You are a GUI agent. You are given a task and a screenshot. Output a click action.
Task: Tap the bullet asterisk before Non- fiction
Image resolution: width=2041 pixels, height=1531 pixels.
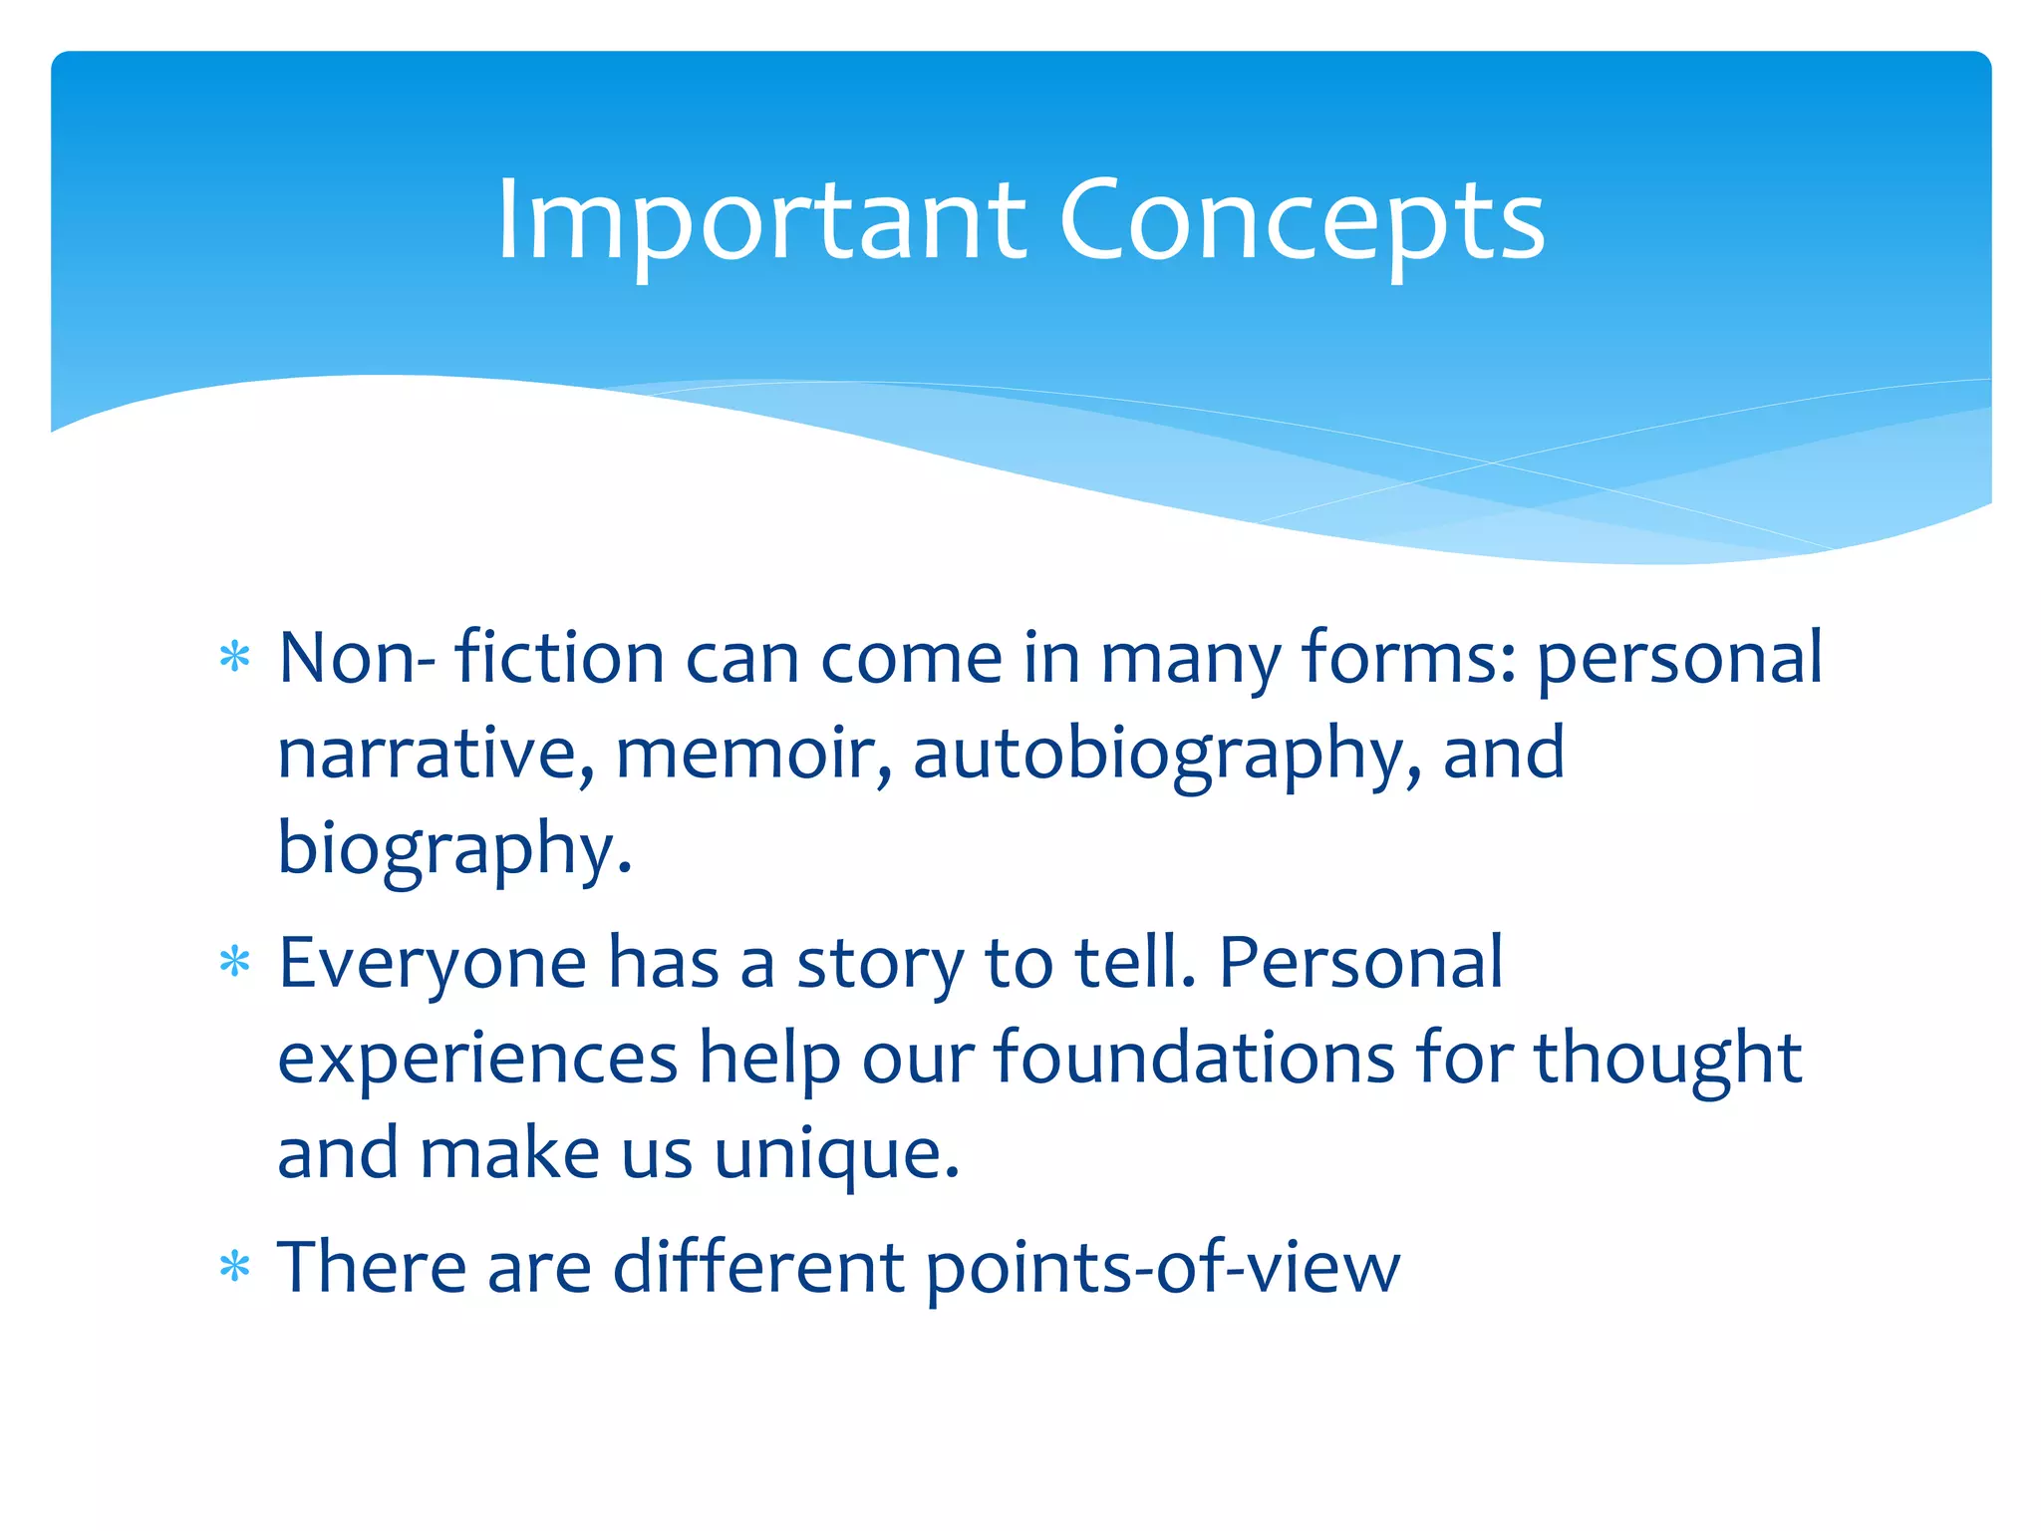(234, 658)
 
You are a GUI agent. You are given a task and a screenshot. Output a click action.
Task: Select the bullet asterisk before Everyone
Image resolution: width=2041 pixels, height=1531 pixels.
(234, 963)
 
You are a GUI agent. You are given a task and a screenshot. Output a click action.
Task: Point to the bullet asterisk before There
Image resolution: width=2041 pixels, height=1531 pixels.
(234, 1268)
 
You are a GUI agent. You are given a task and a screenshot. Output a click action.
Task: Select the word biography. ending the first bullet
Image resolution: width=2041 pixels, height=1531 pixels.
(454, 849)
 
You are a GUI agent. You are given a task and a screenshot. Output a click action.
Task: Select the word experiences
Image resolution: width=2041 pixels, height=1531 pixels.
(477, 1060)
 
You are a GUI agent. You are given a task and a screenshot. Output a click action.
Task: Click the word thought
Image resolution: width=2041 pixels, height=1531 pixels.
(1667, 1060)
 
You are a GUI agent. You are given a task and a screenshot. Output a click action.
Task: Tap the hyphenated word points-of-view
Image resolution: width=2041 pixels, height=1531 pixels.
(1162, 1268)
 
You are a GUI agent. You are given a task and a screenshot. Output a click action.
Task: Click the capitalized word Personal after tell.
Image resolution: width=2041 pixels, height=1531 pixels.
(1360, 963)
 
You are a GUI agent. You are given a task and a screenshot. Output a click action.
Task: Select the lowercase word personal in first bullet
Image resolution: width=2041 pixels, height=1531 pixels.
(1679, 660)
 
